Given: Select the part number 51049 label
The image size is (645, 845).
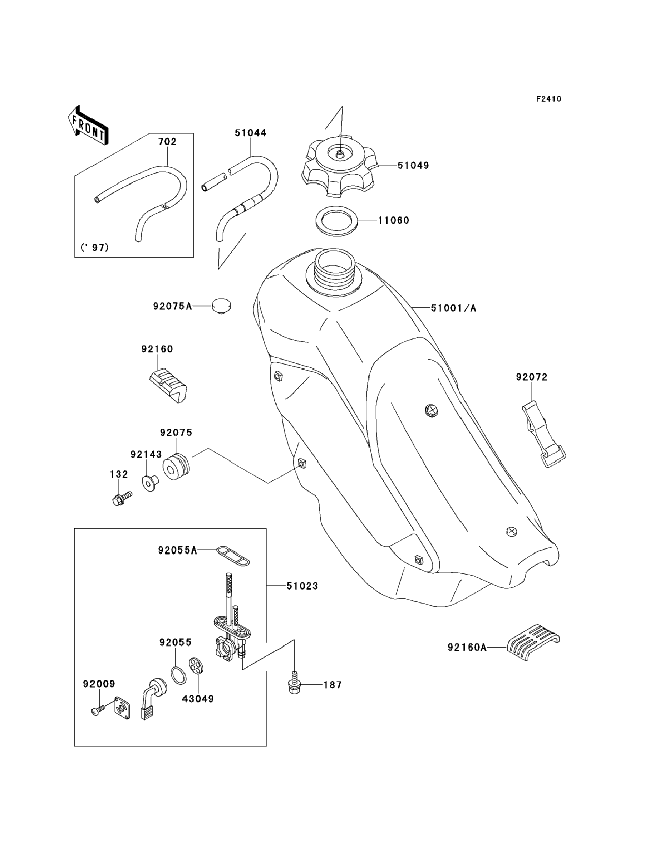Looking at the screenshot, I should [413, 166].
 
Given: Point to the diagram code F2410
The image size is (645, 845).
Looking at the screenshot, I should [548, 99].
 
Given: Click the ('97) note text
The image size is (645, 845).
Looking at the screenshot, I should [94, 247].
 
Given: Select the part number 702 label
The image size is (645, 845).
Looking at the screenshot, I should [167, 142].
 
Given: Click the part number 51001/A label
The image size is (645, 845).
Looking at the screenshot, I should [453, 308].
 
